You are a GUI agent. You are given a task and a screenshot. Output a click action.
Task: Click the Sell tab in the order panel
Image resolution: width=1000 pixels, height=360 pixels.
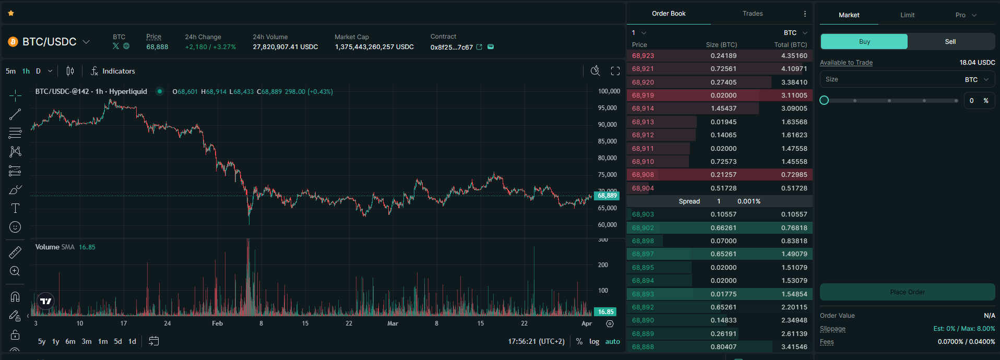click(950, 42)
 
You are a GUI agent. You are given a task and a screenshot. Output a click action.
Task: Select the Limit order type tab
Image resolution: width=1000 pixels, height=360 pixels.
click(907, 15)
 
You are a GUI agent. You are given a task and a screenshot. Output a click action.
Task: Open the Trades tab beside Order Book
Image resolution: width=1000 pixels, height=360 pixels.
click(752, 14)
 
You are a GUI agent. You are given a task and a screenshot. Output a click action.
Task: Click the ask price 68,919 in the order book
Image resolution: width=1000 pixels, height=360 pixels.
click(642, 95)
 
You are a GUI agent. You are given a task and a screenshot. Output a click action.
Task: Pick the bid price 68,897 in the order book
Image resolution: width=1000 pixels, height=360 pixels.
click(642, 254)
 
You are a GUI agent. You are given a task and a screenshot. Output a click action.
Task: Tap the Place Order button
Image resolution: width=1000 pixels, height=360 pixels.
click(907, 292)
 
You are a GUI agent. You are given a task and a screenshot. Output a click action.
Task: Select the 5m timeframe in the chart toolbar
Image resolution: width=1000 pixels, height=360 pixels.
click(10, 71)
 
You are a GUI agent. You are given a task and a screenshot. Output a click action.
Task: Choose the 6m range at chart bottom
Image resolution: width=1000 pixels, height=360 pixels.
click(70, 341)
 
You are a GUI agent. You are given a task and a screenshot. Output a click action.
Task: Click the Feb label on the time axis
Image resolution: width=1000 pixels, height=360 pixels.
click(217, 323)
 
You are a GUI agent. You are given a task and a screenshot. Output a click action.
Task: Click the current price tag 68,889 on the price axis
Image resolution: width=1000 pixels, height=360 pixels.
click(606, 196)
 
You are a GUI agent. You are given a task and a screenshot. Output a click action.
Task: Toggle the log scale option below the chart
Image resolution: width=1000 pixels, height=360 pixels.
click(594, 341)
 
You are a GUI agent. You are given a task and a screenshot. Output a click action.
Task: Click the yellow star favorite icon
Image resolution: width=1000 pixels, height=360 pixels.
click(11, 13)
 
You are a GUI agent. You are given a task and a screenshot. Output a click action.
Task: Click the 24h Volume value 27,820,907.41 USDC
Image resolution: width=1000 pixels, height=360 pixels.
click(285, 47)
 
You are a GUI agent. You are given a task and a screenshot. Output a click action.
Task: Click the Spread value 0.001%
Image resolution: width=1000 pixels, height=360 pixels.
click(748, 201)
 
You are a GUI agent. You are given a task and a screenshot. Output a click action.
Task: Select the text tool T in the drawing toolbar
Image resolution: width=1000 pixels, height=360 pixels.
click(15, 208)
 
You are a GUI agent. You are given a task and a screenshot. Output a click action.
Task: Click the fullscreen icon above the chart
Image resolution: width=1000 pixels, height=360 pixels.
click(615, 71)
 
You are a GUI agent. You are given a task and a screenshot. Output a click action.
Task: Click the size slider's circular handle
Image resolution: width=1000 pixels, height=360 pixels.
click(824, 100)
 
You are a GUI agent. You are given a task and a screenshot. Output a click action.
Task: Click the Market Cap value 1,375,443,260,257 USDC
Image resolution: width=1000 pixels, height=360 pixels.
click(374, 47)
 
